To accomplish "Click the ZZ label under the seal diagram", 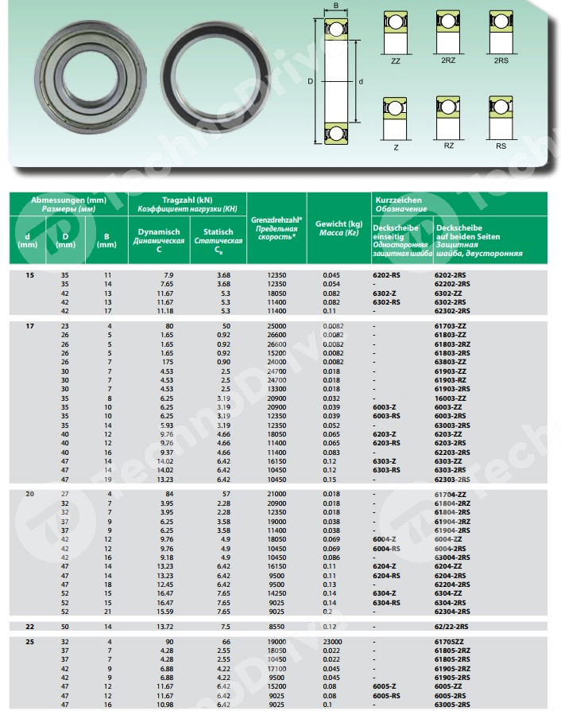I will click(395, 60).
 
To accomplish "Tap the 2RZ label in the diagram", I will click(448, 60).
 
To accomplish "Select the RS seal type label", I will click(501, 146).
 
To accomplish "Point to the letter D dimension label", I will click(310, 81).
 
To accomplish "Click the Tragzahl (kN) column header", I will click(187, 200).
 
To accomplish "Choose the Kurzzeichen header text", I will click(397, 200).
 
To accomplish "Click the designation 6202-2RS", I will click(453, 274).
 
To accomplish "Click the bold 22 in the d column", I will click(30, 627).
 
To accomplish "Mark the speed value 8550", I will click(276, 627).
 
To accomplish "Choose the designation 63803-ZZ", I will click(454, 361).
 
